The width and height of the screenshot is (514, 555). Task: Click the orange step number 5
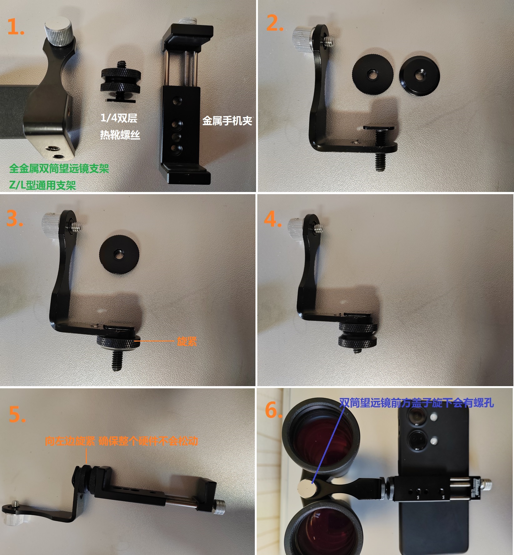[17, 414]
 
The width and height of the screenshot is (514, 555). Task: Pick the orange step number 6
[274, 410]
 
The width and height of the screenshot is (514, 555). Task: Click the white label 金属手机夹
[227, 121]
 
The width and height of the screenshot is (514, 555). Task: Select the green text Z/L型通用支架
[42, 185]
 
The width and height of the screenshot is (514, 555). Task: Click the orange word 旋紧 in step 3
[187, 341]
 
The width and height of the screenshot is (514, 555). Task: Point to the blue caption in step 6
[417, 403]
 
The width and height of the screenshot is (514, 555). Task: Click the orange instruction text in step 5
[121, 441]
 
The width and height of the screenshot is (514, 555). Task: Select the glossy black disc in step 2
[419, 76]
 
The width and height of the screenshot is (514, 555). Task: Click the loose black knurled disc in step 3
[120, 254]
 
